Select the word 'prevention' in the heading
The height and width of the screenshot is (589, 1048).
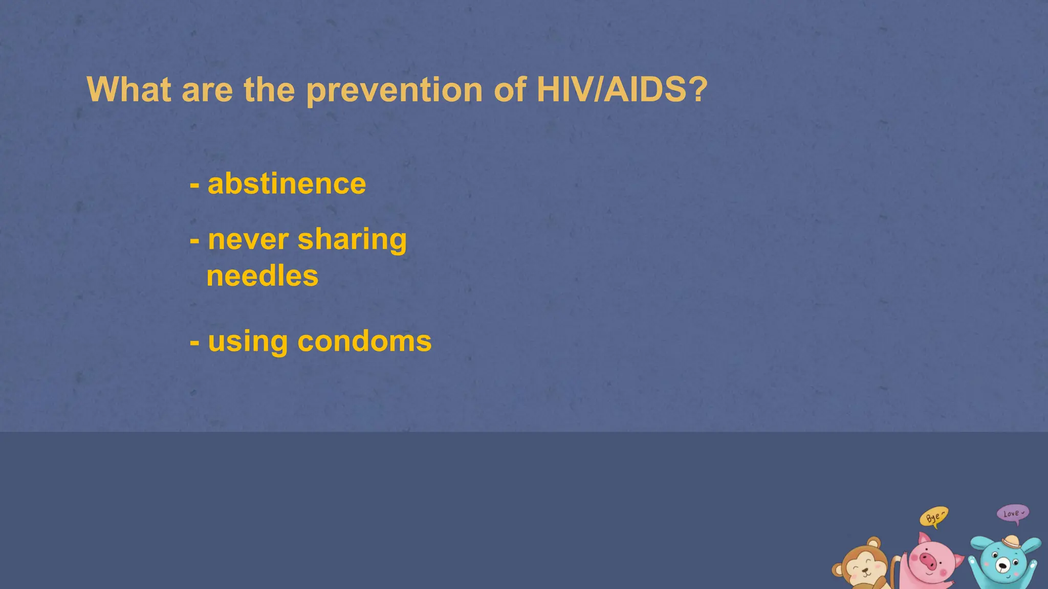pos(394,91)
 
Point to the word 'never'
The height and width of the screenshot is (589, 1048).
pos(248,240)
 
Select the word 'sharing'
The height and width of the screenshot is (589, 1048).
pos(352,241)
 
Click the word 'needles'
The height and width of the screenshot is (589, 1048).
pos(262,276)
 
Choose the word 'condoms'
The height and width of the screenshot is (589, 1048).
pos(364,341)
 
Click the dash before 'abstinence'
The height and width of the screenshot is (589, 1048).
pos(194,185)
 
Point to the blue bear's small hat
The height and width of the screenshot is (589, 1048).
pos(1011,542)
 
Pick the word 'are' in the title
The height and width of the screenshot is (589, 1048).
pos(207,91)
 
